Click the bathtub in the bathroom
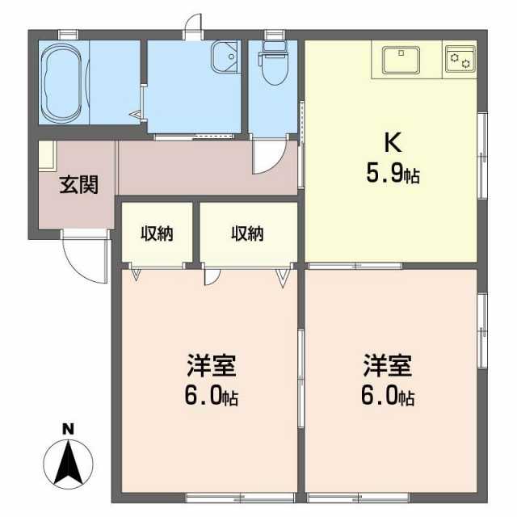pyautogui.click(x=62, y=82)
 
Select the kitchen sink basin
pyautogui.click(x=401, y=60)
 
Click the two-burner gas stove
pyautogui.click(x=460, y=59)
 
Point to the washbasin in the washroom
pyautogui.click(x=225, y=57)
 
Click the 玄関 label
pyautogui.click(x=79, y=185)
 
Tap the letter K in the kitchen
pyautogui.click(x=393, y=143)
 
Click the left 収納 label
pyautogui.click(x=157, y=233)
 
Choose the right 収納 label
pyautogui.click(x=247, y=233)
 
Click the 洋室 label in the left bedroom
pyautogui.click(x=212, y=365)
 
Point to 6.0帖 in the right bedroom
pyautogui.click(x=388, y=396)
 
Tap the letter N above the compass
pyautogui.click(x=68, y=430)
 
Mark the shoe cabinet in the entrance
pyautogui.click(x=47, y=155)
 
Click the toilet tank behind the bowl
pyautogui.click(x=273, y=48)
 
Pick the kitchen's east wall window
pyautogui.click(x=482, y=156)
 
